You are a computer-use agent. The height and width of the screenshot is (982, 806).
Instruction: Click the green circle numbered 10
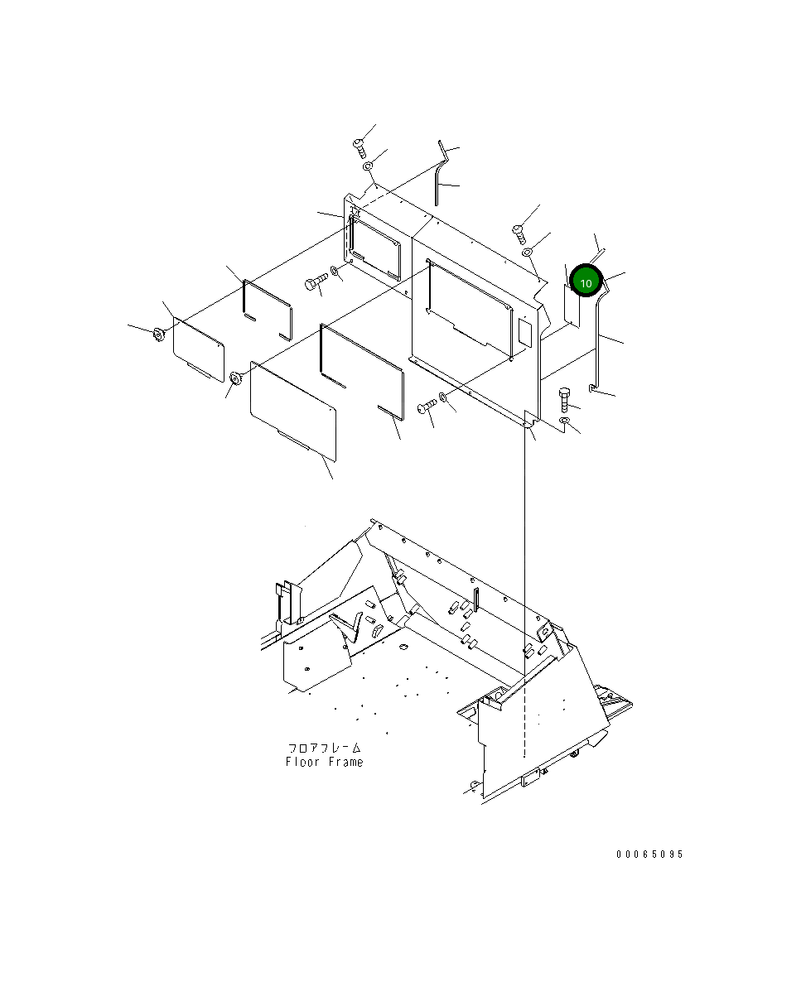click(x=586, y=282)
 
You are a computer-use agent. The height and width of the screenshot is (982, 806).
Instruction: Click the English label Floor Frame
click(x=324, y=762)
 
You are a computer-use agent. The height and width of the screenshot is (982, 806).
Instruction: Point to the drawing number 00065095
click(x=649, y=854)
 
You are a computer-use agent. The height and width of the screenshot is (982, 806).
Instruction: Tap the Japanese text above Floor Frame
click(x=324, y=748)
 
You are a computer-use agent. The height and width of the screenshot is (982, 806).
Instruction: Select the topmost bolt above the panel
click(x=360, y=148)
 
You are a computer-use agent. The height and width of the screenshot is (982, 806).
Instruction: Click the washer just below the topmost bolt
click(x=369, y=166)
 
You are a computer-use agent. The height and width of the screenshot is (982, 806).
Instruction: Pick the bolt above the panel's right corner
click(x=519, y=233)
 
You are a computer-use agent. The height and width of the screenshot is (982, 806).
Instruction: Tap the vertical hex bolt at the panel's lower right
click(x=563, y=398)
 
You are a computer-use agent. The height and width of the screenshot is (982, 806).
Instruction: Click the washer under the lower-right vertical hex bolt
click(x=564, y=420)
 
